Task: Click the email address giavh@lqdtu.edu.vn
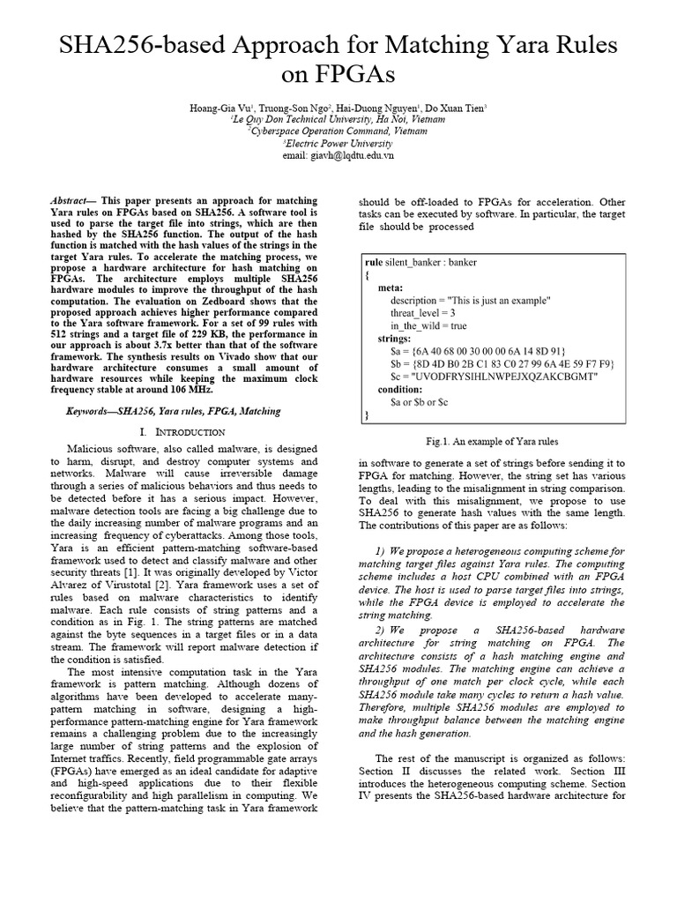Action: click(338, 154)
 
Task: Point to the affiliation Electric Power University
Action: click(338, 143)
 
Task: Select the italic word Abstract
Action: click(71, 202)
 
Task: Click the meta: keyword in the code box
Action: click(391, 288)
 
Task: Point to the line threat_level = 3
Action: click(422, 313)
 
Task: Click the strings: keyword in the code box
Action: click(394, 338)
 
